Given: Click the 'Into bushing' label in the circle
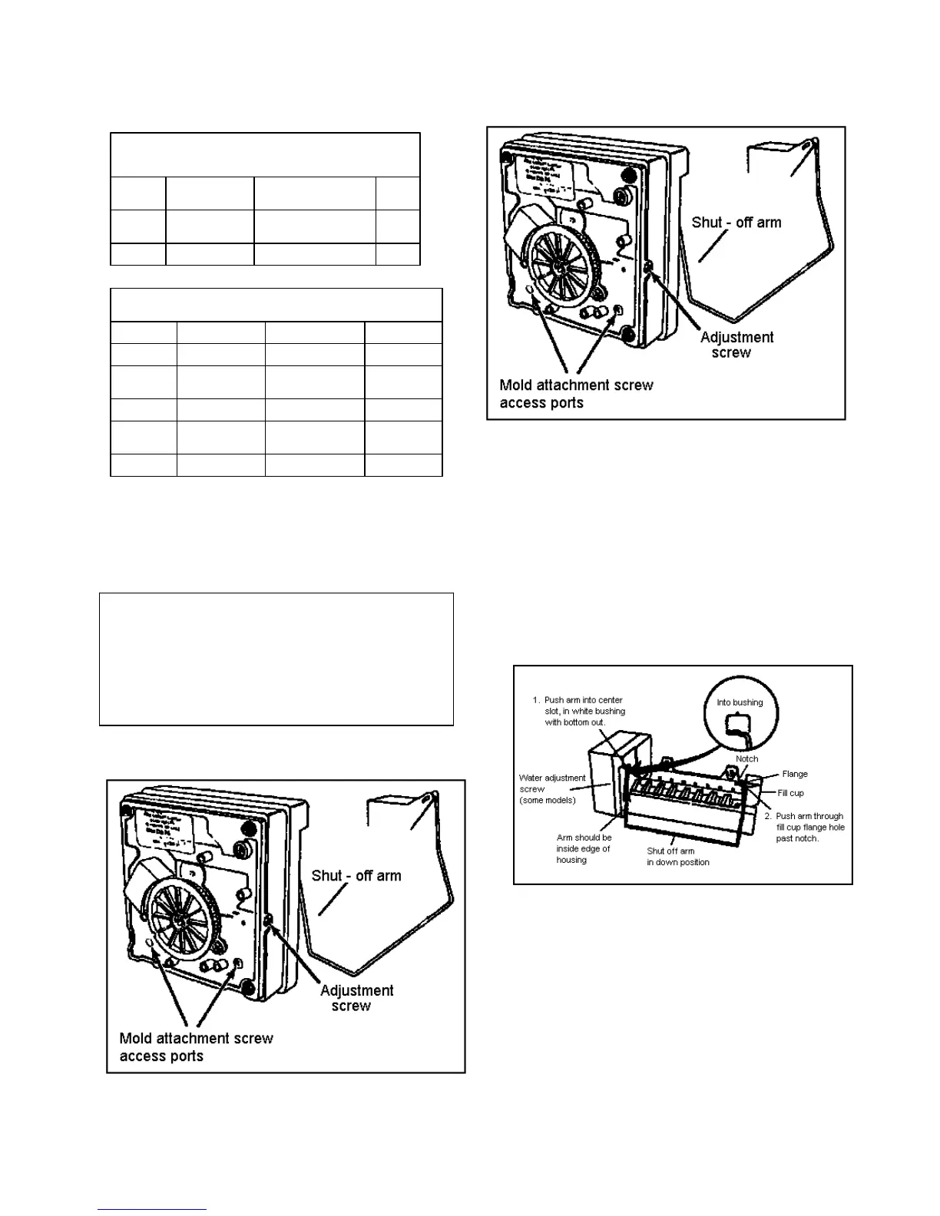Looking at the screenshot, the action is click(740, 702).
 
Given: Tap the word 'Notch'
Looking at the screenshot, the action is click(746, 758).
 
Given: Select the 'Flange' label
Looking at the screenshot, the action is click(794, 774).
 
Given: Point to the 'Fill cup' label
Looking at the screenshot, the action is click(790, 793).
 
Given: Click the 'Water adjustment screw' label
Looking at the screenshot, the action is click(552, 788).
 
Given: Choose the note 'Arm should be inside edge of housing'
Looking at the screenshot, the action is click(584, 848).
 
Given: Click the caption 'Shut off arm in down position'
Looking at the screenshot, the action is click(677, 856).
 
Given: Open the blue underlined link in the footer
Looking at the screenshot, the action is click(152, 1209).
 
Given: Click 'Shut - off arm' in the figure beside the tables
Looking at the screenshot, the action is click(736, 223).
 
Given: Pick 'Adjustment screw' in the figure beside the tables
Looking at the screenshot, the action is click(736, 345).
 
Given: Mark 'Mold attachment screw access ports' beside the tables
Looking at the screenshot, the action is click(576, 394).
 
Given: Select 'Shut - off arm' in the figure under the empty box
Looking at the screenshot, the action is click(356, 876).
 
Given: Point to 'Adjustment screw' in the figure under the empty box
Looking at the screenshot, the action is click(356, 998).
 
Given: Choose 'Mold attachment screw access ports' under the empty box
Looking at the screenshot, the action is click(196, 1047).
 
